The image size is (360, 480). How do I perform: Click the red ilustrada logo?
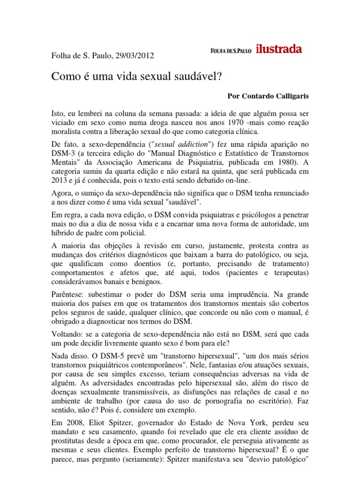[279, 50]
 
